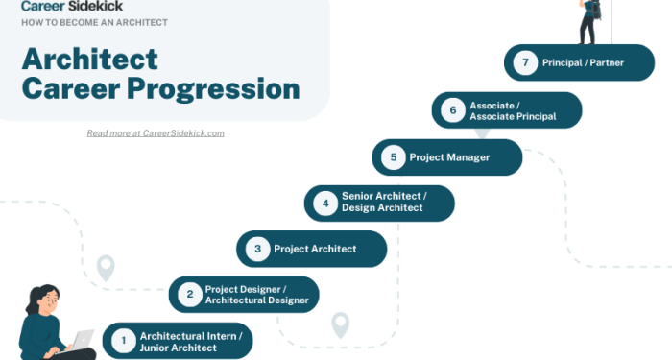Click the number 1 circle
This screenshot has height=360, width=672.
pos(123,340)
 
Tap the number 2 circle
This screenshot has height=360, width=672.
pos(190,294)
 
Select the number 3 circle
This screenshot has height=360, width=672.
pos(257,249)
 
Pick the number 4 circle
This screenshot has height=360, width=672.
pos(325,203)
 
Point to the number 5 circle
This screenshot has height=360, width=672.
pos(393,157)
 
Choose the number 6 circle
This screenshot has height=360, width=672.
pos(452,110)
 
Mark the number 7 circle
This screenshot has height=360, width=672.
pos(524,63)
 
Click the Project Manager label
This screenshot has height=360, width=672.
pos(449,157)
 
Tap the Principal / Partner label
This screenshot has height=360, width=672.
pos(582,63)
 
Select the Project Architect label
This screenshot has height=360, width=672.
pos(315,249)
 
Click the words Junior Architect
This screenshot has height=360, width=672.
pos(179,348)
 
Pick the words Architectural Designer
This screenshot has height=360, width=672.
pos(257,300)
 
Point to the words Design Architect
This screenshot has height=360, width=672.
pos(382,208)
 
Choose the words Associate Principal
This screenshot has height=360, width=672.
pos(513,116)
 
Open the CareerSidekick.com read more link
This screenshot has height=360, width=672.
pos(156,133)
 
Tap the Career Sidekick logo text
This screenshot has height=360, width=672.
pos(65,5)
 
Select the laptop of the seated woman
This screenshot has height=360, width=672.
pos(83,340)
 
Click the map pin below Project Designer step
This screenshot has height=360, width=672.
pos(340,324)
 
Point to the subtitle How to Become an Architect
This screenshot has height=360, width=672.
pos(94,22)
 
